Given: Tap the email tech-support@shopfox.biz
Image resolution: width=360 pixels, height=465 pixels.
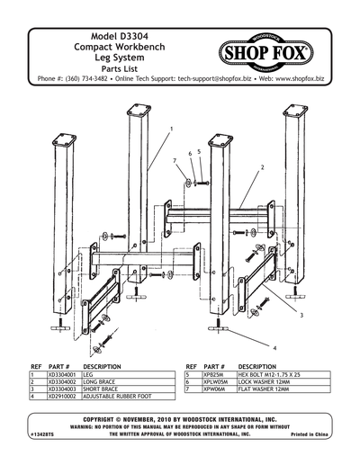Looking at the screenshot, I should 210,79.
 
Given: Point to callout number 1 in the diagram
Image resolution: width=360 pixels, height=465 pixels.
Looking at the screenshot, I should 171,129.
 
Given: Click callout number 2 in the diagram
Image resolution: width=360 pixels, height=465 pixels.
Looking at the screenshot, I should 261,168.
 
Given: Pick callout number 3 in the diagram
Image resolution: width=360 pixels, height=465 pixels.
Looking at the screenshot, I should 301,317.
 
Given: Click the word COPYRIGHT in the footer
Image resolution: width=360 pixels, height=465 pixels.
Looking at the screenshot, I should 103,420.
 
